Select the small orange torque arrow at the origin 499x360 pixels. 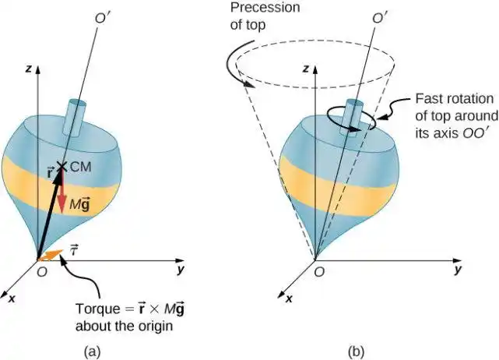pyautogui.click(x=47, y=255)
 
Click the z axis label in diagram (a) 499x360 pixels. pyautogui.click(x=28, y=69)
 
